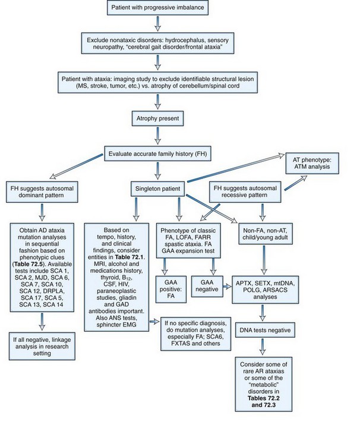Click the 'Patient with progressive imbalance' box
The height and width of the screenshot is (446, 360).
(157, 8)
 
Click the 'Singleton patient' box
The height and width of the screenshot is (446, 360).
(157, 188)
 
